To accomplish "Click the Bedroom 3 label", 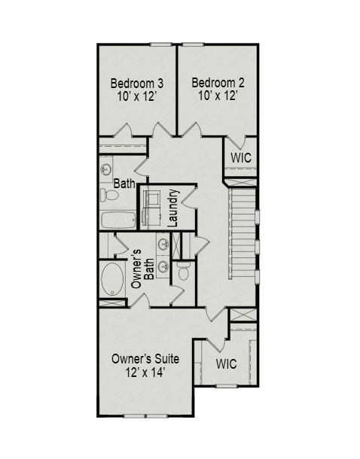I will click(138, 83).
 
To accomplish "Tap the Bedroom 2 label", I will click(218, 83).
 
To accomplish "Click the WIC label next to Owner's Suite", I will click(227, 363).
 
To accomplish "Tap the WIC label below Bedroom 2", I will click(240, 158).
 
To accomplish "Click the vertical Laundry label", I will click(172, 207).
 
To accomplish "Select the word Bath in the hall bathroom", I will click(124, 183).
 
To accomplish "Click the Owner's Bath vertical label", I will click(142, 269).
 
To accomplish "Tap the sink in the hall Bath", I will click(106, 169).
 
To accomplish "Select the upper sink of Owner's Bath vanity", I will click(163, 243).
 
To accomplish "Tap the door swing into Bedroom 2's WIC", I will click(237, 141).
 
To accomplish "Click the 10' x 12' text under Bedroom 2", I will click(218, 96).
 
